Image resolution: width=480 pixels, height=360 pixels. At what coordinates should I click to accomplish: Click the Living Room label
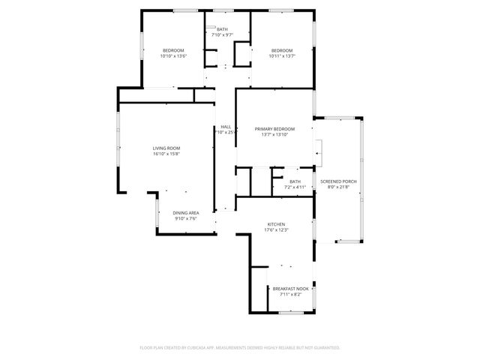(166, 148)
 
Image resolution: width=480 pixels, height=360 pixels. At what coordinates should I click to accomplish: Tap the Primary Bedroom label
(274, 129)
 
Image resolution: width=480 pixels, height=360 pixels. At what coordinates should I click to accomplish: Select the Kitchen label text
(277, 224)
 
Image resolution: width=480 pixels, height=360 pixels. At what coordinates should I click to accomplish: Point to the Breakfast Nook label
(290, 289)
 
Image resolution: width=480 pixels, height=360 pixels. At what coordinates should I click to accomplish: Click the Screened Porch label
(338, 181)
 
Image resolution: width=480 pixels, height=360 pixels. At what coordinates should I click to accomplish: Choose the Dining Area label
(186, 213)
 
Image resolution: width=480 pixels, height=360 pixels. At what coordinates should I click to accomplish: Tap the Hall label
(225, 127)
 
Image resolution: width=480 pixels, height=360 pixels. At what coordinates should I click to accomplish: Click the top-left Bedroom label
(173, 50)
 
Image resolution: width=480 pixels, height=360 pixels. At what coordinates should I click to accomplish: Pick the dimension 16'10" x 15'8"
(166, 154)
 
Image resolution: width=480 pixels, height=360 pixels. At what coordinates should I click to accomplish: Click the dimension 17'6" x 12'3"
(277, 229)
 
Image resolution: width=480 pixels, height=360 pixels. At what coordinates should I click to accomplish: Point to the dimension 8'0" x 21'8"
(338, 187)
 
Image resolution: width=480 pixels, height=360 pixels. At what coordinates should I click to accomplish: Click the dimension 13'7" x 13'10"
(274, 134)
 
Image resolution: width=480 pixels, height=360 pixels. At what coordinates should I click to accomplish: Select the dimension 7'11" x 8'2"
(290, 294)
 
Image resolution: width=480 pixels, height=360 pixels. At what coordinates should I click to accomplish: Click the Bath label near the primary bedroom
(295, 181)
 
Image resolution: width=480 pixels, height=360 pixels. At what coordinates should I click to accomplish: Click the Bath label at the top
(223, 30)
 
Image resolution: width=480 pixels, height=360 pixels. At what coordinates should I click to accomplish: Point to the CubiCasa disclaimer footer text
(240, 347)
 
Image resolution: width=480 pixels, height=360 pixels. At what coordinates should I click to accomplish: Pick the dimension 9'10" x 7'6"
(186, 218)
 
